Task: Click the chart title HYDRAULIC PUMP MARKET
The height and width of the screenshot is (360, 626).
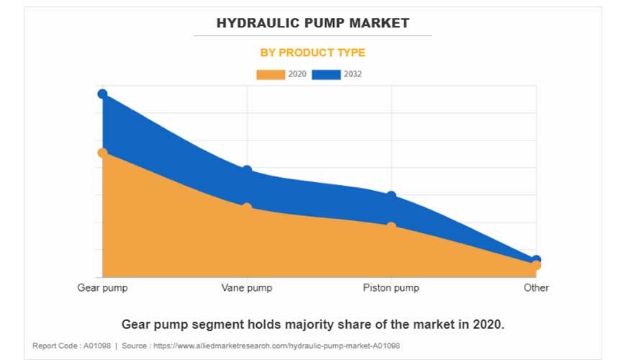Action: (x=312, y=23)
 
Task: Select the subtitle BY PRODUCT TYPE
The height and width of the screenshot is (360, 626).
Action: (x=312, y=53)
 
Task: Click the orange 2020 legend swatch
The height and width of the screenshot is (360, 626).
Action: (x=271, y=74)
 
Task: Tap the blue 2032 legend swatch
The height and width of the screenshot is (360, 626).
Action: (x=326, y=74)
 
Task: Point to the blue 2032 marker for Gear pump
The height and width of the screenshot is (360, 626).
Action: (x=102, y=94)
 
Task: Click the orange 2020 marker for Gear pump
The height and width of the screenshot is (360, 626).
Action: (x=102, y=153)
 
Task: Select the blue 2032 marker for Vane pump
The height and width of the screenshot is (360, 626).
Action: (x=247, y=171)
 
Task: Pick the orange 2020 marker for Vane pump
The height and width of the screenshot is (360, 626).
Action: (x=247, y=207)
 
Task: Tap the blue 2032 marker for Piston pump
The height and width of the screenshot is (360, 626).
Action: (x=391, y=196)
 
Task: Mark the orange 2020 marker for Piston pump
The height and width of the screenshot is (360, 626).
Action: (x=391, y=227)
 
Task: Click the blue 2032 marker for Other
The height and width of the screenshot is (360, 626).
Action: (x=536, y=260)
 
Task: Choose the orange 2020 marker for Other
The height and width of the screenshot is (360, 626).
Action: (x=536, y=266)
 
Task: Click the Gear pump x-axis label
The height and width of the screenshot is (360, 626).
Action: (x=102, y=288)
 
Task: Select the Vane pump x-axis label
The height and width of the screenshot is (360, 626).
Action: (x=247, y=288)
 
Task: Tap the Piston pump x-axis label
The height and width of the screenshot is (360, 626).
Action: (x=391, y=288)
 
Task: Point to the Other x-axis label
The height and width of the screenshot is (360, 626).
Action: (x=536, y=288)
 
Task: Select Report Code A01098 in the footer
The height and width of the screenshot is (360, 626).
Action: (x=71, y=346)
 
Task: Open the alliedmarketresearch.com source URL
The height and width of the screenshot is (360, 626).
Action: (x=281, y=346)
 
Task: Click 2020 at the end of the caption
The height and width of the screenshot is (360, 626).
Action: (x=488, y=325)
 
